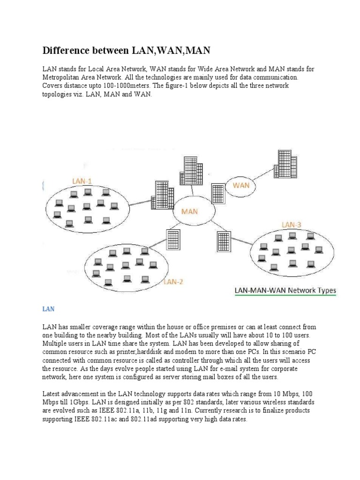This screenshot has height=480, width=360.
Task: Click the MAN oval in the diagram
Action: click(189, 211)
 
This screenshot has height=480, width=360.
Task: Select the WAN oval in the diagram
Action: click(241, 186)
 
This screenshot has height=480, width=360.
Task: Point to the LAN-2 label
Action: click(173, 282)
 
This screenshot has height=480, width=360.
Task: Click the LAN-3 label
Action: click(291, 225)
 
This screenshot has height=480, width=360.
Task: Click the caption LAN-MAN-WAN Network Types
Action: click(285, 291)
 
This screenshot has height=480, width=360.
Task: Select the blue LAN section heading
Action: click(49, 309)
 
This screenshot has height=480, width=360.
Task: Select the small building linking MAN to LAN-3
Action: click(224, 241)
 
